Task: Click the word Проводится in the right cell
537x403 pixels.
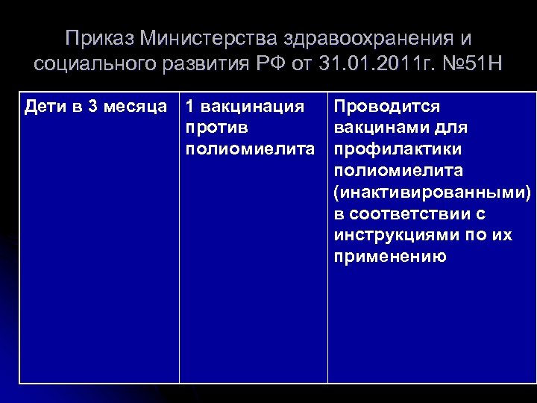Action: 387,106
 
